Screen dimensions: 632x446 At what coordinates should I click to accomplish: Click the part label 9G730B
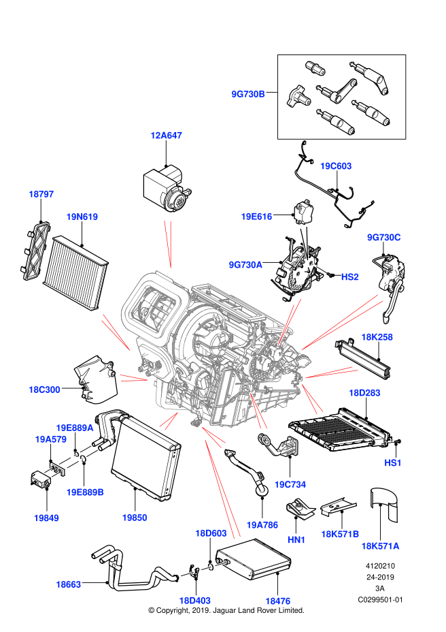tap(248, 94)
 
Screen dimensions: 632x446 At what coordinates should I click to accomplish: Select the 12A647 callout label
tap(166, 136)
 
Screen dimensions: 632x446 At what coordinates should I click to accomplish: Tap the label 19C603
tap(336, 166)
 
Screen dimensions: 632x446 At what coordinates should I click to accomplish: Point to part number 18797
tap(41, 194)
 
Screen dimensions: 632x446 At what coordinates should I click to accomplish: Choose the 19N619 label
tap(82, 217)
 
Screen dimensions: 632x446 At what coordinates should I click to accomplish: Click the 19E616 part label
tap(256, 217)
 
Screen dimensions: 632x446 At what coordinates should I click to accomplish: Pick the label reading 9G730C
tap(384, 237)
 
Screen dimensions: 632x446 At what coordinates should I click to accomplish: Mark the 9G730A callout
tap(245, 265)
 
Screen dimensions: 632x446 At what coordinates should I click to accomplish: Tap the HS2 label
tap(349, 277)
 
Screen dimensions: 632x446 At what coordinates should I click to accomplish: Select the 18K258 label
tap(377, 337)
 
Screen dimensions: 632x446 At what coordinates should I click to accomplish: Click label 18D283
tap(364, 393)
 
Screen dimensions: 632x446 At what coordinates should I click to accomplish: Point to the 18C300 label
tap(44, 390)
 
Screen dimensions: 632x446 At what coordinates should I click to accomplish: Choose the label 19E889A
tap(75, 428)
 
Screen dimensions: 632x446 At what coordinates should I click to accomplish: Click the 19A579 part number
tap(51, 439)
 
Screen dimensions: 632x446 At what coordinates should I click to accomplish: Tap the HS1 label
tap(393, 463)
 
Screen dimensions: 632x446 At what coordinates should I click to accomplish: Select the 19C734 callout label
tap(290, 484)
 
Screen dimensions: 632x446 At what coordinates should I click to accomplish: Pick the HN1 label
tap(296, 540)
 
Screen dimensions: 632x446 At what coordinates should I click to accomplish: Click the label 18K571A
tap(380, 546)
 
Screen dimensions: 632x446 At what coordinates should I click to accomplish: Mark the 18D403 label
tap(194, 601)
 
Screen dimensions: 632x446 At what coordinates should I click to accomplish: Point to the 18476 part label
tap(277, 601)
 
